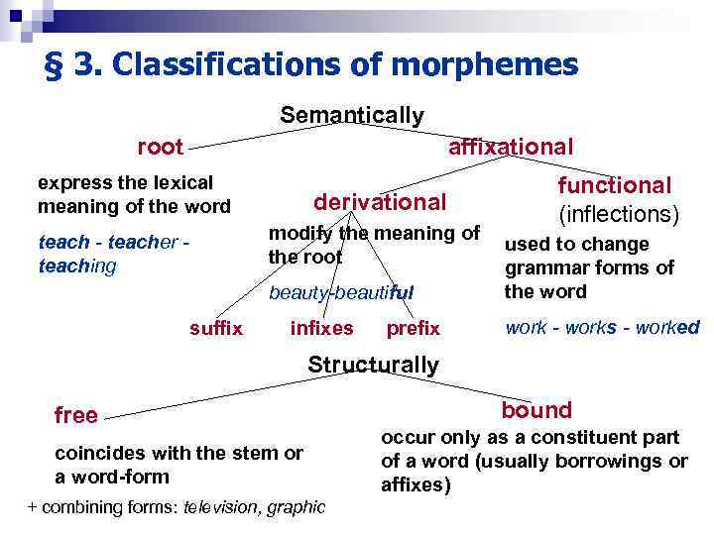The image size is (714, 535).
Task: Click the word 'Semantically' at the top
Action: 351,116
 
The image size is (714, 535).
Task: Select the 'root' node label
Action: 161,148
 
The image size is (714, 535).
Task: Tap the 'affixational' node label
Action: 511,147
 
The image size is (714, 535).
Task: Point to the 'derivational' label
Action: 380,202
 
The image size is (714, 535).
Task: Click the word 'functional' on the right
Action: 615,185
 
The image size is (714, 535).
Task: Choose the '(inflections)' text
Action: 618,214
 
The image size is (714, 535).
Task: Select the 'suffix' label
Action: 216,328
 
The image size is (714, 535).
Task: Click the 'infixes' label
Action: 321,328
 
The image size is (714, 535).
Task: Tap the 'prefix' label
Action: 413,328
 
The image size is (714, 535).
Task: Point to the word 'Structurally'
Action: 373,365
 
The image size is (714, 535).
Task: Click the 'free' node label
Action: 76,415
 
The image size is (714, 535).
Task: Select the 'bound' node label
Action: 536,410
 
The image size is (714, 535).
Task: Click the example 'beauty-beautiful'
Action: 341,292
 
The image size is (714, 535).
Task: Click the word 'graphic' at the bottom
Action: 297,506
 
